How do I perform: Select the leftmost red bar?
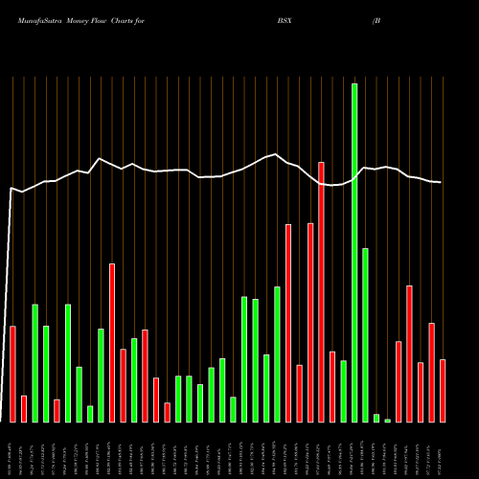click(13, 374)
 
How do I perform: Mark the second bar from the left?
click(24, 409)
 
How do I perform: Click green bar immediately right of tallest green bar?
click(365, 335)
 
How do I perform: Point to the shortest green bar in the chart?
click(387, 420)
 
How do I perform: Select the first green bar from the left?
click(35, 363)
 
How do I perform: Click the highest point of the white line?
click(276, 153)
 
